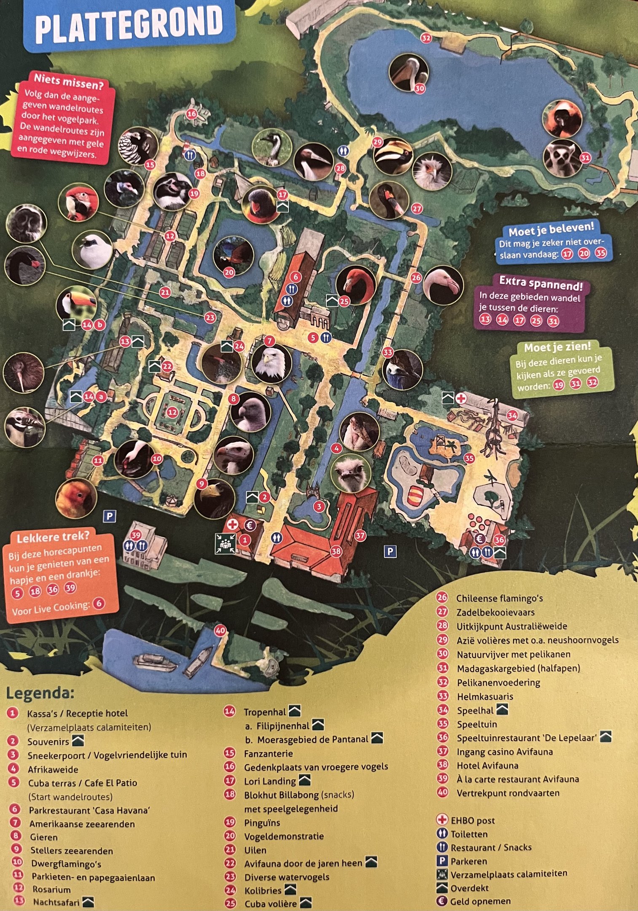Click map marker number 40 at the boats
[220, 631]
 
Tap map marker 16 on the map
[192, 113]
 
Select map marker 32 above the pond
[426, 38]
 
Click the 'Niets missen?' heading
[68, 81]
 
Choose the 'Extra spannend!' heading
[541, 283]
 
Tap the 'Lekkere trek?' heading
[53, 538]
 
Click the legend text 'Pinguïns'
[262, 822]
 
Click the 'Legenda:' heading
[40, 693]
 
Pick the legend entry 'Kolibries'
[263, 890]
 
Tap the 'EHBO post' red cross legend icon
[442, 820]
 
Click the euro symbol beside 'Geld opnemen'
[441, 901]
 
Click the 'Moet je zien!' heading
[558, 347]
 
